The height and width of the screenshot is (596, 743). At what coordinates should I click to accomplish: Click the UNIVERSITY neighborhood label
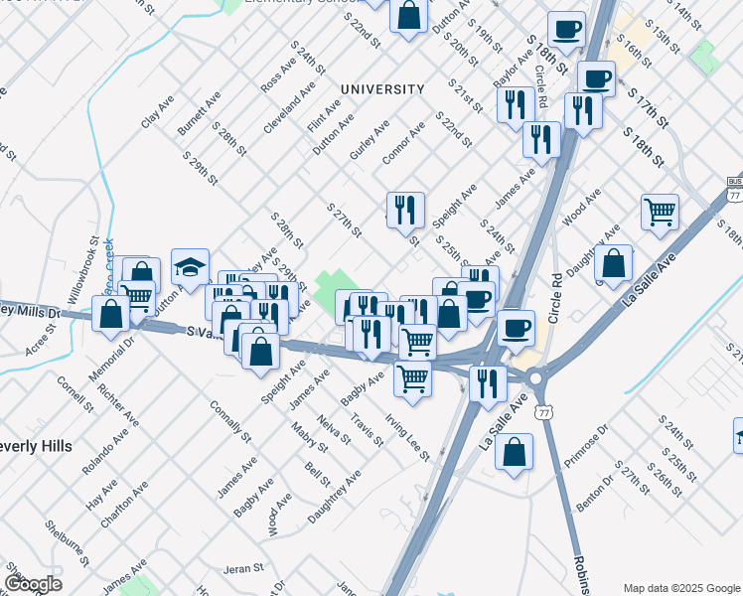point(382,89)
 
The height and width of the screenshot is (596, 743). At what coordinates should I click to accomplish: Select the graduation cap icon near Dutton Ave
point(190,267)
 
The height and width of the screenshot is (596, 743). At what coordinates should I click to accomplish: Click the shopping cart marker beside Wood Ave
point(660,212)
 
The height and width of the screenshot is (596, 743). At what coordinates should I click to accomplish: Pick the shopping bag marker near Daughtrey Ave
point(615,264)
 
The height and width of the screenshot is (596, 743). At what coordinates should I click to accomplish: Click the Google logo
point(33,584)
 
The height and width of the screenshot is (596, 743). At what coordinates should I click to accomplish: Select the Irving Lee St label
point(408,438)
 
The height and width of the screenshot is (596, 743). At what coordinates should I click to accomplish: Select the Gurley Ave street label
point(370,142)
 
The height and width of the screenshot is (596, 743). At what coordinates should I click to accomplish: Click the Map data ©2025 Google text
point(681,588)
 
